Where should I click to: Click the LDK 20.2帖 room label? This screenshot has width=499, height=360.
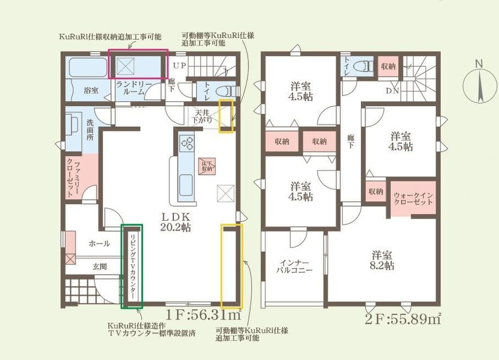point(176,222)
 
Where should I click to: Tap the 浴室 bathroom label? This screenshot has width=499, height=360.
point(91,90)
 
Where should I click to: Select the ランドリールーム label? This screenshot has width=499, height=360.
point(134,88)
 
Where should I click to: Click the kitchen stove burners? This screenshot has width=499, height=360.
point(187,143)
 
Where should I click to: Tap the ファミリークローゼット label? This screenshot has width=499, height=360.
point(73,179)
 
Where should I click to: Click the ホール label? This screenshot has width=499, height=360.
point(99,244)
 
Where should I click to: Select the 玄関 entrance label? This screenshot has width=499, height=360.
point(99,267)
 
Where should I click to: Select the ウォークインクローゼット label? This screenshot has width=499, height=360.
point(413,198)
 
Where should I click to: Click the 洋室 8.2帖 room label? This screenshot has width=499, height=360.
point(382,260)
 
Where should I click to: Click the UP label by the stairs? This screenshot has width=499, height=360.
point(179,66)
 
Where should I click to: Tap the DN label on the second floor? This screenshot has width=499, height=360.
point(392,91)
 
